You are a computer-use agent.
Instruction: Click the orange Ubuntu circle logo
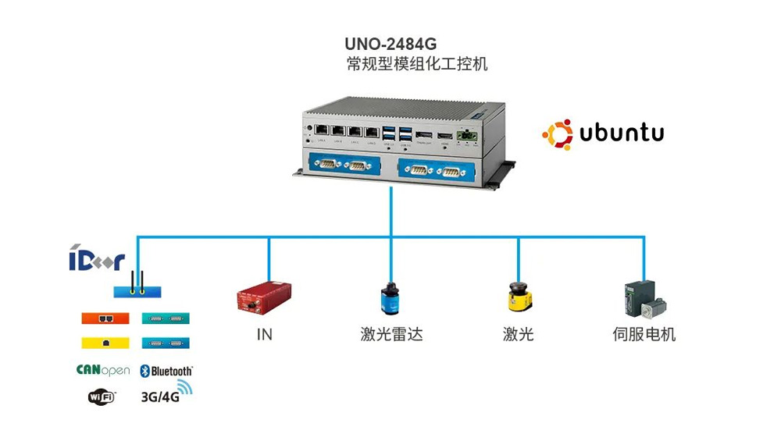558,133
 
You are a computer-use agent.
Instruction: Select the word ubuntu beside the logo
622,133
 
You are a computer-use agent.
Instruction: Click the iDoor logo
96,260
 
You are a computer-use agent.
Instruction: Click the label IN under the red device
264,335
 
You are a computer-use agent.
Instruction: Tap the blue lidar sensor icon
389,299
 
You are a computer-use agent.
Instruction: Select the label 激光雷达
391,335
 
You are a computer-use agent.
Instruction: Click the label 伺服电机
644,335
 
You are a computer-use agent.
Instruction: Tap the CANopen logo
103,370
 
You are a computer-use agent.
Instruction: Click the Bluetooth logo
166,371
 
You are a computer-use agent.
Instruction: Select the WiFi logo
102,397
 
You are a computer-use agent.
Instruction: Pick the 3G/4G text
159,397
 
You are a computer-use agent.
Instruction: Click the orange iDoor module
105,318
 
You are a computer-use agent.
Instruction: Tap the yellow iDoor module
105,342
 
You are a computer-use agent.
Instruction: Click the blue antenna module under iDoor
137,291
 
